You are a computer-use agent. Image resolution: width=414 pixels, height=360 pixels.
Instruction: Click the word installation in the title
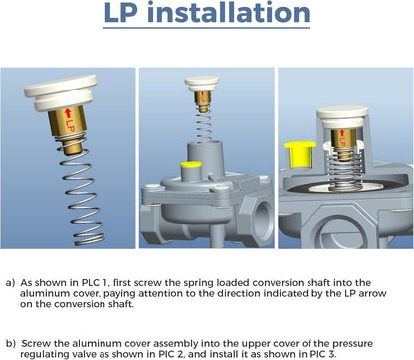point(229,13)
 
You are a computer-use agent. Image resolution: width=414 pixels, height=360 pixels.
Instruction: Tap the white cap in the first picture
point(61,93)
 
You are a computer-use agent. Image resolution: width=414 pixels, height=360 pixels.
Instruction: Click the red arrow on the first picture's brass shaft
point(68,113)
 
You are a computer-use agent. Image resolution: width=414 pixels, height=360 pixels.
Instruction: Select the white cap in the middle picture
point(202,85)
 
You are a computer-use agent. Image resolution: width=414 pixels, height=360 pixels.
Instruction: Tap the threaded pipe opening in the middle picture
point(263,216)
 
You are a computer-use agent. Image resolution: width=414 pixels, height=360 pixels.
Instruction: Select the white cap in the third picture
point(342,117)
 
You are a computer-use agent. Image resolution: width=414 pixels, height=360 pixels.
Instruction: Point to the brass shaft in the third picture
point(343,143)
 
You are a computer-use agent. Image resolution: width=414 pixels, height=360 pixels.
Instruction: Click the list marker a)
point(10,283)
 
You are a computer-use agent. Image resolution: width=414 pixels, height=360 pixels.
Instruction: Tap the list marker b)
point(11,344)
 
